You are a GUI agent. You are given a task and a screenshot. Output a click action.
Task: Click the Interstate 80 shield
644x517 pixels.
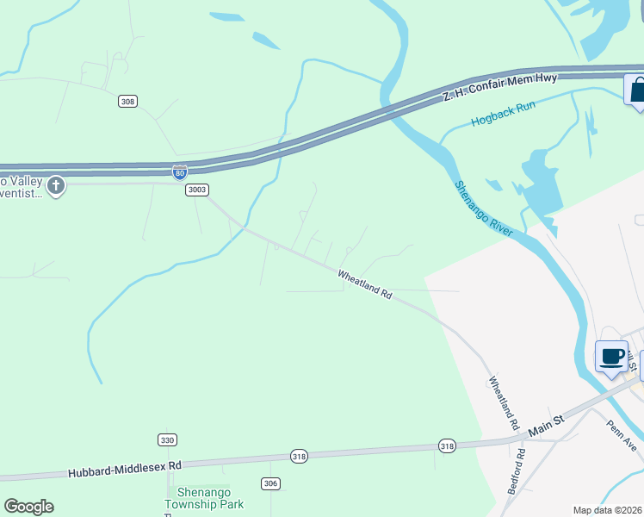coord(179,172)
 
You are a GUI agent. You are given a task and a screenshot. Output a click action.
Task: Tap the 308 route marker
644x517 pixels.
coord(127,102)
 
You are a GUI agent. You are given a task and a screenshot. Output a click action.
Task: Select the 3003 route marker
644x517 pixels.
coord(197,190)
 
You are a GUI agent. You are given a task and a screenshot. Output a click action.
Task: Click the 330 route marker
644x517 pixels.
coord(167,440)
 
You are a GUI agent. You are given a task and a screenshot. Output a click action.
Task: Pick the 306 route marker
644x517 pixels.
coord(270,483)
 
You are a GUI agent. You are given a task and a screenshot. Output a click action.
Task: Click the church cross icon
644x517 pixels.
coord(56,185)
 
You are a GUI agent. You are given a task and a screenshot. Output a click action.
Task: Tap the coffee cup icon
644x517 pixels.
coord(612,357)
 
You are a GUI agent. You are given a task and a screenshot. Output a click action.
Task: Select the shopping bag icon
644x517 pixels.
coord(637,90)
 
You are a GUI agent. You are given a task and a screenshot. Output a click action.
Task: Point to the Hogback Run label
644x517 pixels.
coord(504,114)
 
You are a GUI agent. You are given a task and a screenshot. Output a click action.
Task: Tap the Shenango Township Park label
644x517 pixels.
coord(205,498)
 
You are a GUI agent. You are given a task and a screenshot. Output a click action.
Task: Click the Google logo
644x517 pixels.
coord(28,507)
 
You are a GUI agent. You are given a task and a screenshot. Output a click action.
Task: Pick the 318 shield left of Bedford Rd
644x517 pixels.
coord(446,446)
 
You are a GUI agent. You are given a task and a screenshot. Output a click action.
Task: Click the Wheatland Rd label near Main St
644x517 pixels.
coord(505,403)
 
